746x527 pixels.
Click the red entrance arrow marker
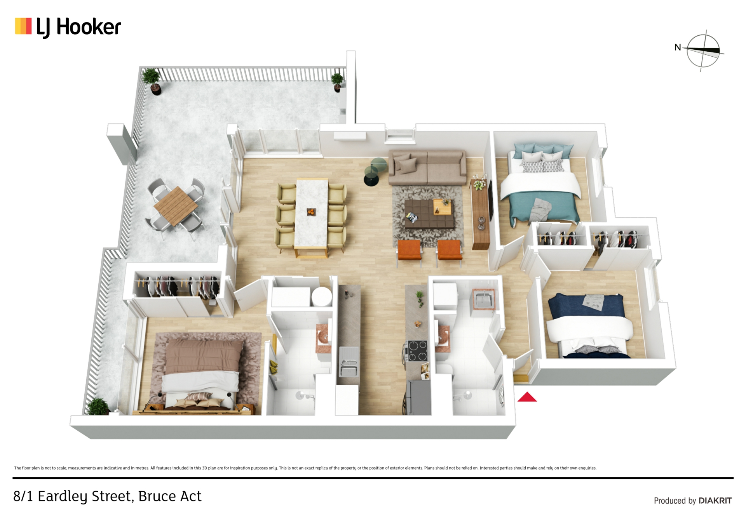coord(527,397)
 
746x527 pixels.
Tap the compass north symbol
coord(703,51)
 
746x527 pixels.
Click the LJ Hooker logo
coord(68,27)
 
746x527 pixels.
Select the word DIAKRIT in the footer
coord(715,501)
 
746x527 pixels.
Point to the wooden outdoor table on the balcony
coord(176,205)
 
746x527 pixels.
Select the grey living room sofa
coord(427,167)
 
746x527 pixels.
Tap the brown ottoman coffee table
coord(429,214)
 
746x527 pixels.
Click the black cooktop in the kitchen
coord(417,351)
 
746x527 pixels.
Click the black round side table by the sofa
coord(371,179)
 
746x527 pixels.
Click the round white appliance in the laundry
coord(322,297)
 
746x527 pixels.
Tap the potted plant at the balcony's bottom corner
coord(98,406)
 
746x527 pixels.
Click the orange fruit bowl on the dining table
coord(311,212)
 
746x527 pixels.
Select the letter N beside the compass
coord(678,47)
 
